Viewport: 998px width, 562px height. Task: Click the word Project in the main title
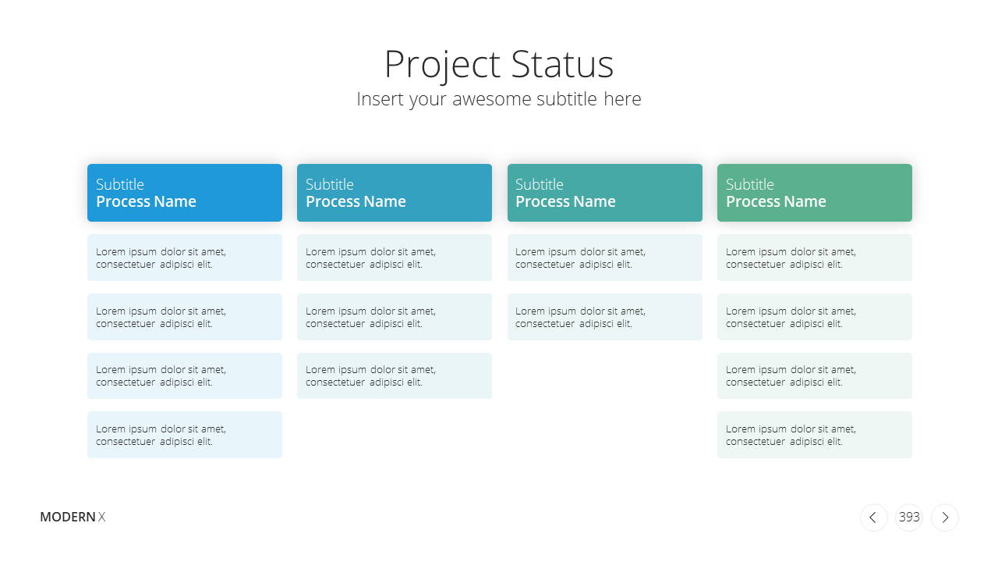442,65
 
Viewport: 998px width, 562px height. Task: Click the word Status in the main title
562,64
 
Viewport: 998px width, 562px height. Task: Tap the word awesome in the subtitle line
491,99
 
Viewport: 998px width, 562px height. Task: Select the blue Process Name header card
185,193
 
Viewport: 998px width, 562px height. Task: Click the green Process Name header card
815,193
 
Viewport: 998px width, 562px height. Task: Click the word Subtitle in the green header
749,184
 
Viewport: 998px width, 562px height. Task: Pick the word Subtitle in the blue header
120,184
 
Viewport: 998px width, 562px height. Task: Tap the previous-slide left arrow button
873,518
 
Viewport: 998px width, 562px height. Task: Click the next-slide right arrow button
945,518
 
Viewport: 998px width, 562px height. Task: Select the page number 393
909,517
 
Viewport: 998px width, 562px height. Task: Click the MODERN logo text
68,517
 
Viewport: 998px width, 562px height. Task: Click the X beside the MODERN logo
101,517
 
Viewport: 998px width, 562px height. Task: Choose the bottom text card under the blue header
185,435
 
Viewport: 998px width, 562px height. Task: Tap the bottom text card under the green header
815,435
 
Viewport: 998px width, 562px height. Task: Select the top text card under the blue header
185,258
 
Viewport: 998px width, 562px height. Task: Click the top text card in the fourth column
815,258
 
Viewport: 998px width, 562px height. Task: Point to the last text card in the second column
395,376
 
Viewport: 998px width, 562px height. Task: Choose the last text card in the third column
604,317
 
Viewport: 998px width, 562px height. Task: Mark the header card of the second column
395,193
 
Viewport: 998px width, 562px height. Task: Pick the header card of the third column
604,193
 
